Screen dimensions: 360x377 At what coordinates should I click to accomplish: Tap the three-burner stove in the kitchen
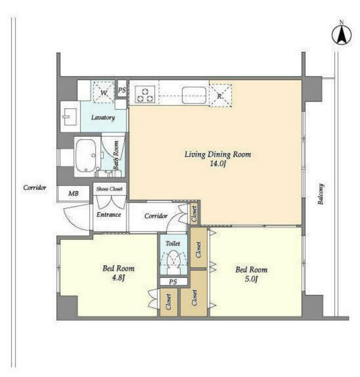coord(145,95)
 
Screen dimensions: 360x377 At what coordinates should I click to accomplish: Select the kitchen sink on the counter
coord(194,95)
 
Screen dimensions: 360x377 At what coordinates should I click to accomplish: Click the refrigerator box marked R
coord(220,95)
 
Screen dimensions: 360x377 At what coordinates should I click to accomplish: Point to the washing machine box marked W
coord(104,92)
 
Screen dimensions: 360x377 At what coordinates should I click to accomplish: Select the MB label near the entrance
coord(73,193)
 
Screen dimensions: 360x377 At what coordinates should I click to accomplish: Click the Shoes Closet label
coord(109,189)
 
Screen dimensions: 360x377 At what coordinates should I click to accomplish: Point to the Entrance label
coord(109,214)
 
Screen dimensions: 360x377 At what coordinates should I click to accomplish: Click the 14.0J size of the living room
coord(218,164)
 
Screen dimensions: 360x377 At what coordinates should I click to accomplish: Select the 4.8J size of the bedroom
coord(118,278)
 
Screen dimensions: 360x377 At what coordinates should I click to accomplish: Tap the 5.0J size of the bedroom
coord(251,279)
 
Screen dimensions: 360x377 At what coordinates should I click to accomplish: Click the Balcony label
coord(321,194)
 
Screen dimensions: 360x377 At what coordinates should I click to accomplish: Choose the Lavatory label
coord(103,118)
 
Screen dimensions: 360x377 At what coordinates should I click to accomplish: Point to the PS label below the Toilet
coord(173,282)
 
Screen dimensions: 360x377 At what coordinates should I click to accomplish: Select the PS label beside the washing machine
coord(122,90)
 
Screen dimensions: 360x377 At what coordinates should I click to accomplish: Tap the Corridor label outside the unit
coord(35,188)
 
